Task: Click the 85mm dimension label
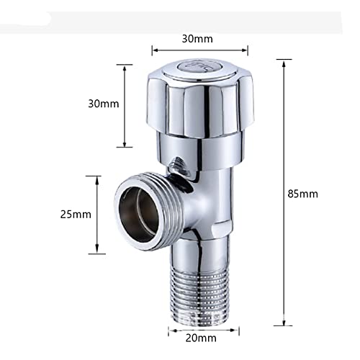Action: tap(302, 194)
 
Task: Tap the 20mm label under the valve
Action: tap(201, 338)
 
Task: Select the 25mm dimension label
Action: tap(76, 215)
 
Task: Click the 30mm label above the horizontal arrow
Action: tap(197, 39)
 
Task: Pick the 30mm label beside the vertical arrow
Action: tap(104, 104)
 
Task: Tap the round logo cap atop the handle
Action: tap(197, 68)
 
